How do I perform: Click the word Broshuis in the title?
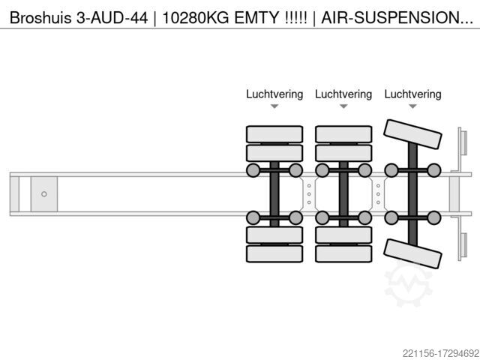point(40,18)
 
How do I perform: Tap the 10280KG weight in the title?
point(195,18)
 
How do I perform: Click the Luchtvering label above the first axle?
point(274,94)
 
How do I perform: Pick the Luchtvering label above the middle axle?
point(343,94)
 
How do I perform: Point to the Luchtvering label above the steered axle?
point(412,94)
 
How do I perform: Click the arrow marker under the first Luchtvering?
point(274,106)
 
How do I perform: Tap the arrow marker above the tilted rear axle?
point(412,106)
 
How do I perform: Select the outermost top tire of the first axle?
point(274,134)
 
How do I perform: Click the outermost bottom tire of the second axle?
point(343,253)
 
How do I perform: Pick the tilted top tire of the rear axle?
point(412,134)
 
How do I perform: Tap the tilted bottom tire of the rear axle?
point(412,253)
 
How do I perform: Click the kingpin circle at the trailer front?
point(44,194)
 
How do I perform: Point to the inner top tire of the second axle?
point(343,153)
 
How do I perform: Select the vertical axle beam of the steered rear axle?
point(412,194)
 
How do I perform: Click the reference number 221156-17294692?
point(441,353)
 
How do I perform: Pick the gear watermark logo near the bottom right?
point(408,284)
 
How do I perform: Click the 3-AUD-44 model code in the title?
point(112,18)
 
